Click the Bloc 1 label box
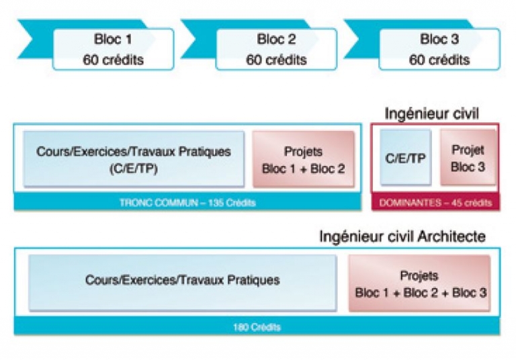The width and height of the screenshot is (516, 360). point(113,49)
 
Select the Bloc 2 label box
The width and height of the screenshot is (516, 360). point(276,49)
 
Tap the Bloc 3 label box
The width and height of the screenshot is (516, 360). point(439,49)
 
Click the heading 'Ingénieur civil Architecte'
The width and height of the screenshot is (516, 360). point(402,236)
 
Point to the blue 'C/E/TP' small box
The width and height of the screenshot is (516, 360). point(405,157)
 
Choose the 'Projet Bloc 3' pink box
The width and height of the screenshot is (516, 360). point(468,157)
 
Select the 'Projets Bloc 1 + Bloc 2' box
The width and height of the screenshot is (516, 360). point(304,159)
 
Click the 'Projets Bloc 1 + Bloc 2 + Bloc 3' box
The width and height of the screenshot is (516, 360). point(419,283)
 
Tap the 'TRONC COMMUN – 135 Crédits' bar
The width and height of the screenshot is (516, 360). point(187,202)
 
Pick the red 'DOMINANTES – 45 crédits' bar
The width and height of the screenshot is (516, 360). point(435,202)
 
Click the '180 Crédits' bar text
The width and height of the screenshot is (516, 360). point(257,327)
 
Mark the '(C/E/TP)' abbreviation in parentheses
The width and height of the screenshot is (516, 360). point(133,169)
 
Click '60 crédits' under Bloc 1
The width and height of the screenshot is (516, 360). point(113,60)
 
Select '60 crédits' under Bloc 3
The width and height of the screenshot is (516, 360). point(439,60)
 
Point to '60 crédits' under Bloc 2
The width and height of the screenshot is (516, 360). point(276,60)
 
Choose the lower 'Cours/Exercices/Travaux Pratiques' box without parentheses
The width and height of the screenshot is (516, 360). point(183,283)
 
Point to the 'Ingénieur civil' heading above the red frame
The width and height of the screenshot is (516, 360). point(432,114)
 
